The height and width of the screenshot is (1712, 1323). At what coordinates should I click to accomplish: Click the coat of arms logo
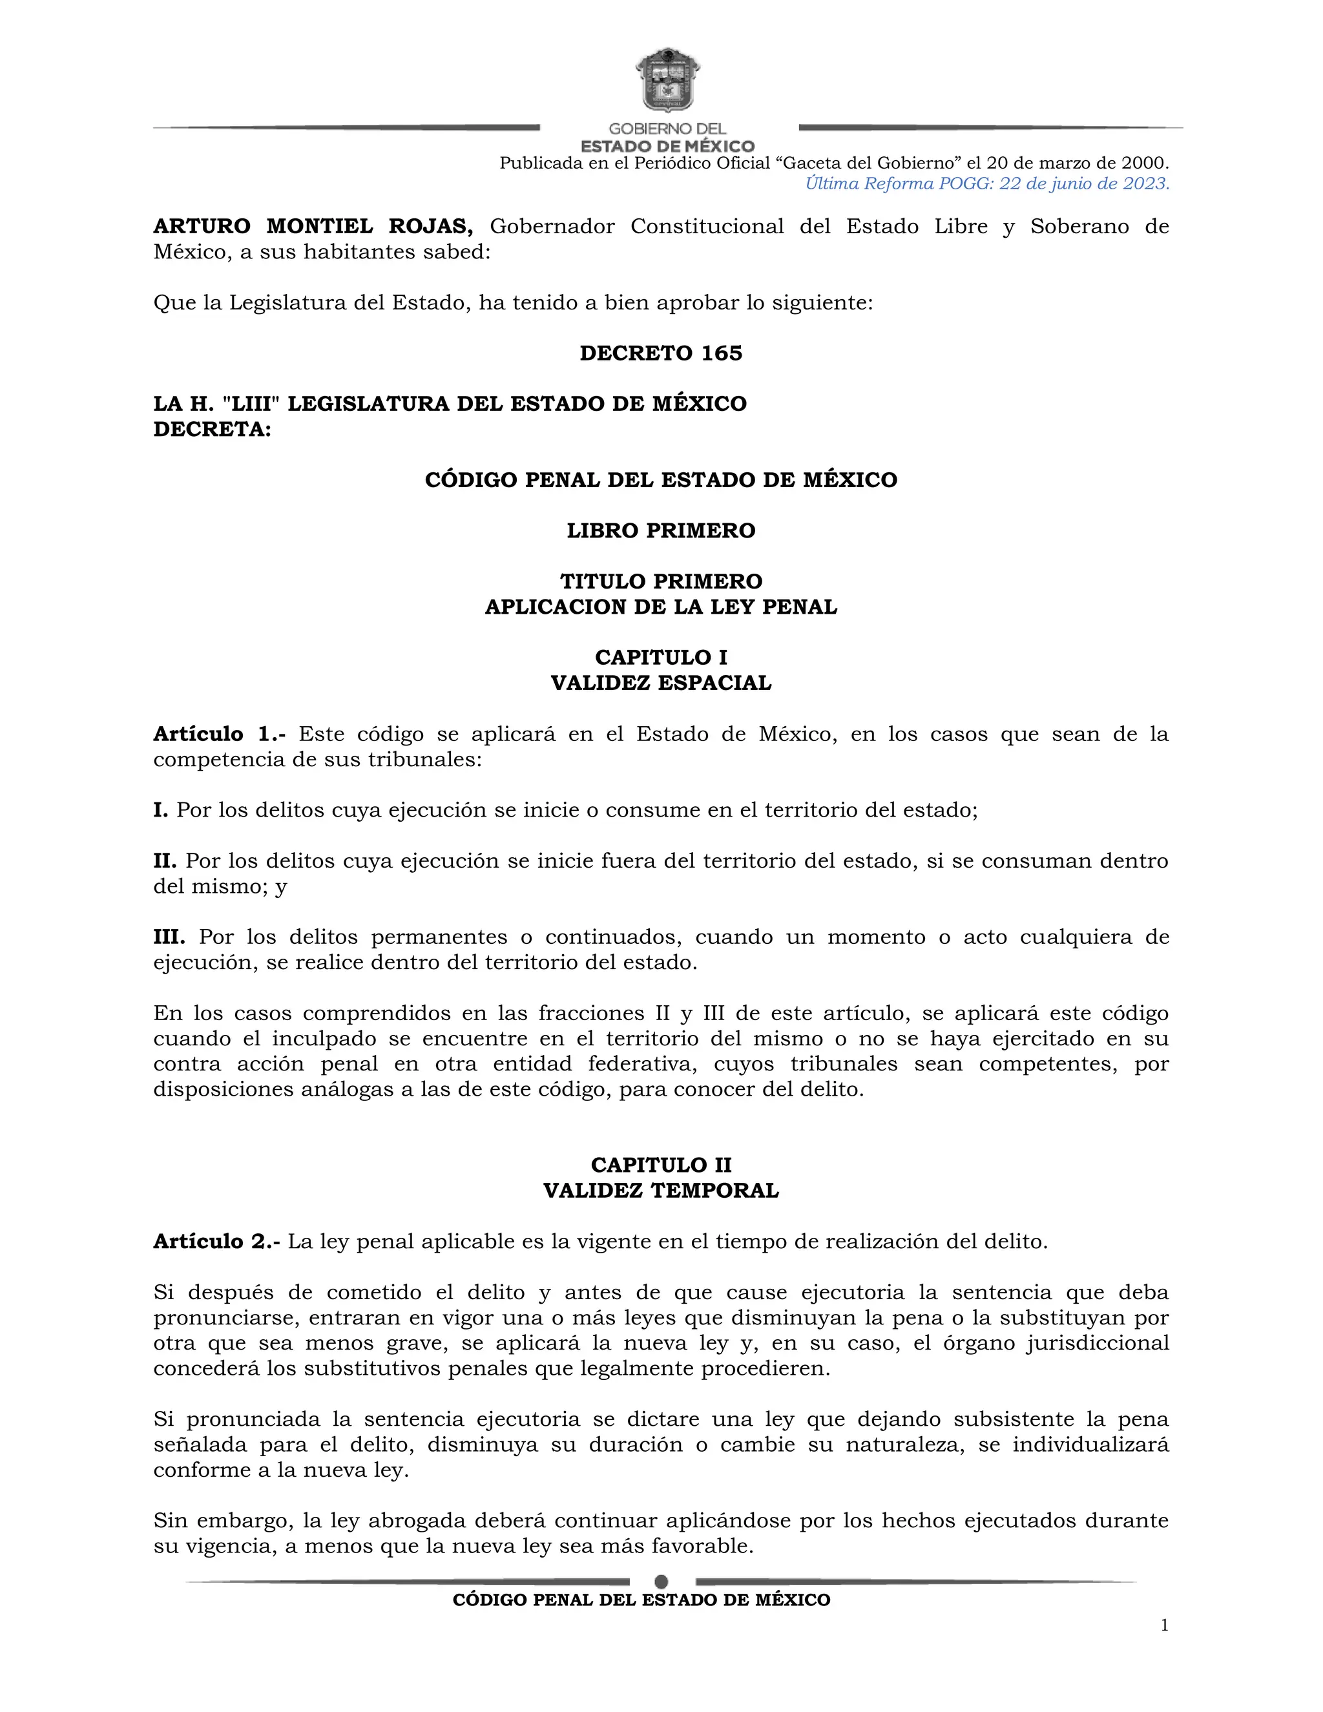point(665,80)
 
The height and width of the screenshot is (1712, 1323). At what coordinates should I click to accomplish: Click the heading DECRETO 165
point(661,353)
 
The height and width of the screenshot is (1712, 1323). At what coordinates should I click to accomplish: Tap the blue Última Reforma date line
point(987,183)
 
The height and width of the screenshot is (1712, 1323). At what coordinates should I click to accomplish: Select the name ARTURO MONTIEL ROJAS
point(313,227)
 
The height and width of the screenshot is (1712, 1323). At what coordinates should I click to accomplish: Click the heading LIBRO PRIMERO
point(661,530)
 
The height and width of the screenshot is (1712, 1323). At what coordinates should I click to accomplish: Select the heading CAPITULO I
point(661,657)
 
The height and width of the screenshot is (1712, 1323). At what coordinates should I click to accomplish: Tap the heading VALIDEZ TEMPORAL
point(661,1190)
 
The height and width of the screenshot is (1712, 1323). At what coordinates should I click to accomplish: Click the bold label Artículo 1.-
point(220,734)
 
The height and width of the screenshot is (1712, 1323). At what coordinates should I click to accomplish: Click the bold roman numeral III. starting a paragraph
point(169,937)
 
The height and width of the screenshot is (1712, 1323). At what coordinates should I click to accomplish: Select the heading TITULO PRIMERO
point(661,581)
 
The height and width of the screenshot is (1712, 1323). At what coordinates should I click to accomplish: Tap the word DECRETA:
point(213,430)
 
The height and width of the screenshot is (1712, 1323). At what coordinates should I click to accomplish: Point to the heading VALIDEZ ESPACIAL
point(661,683)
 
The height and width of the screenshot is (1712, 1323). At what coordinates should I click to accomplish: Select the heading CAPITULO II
point(661,1165)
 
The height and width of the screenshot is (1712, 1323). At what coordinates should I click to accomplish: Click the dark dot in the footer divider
point(661,1581)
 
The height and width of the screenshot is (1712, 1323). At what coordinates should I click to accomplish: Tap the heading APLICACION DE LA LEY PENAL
point(661,607)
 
